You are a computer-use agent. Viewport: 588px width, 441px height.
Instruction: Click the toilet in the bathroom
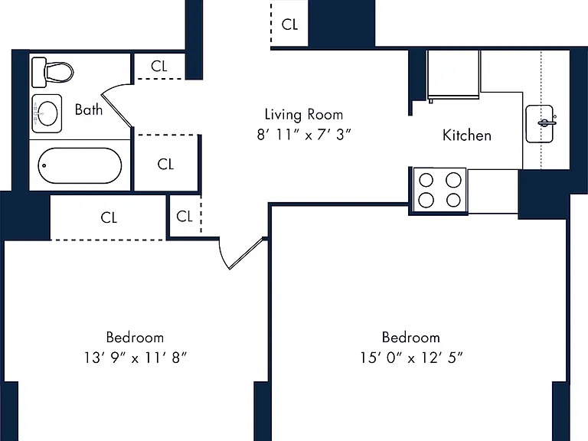[x=53, y=72]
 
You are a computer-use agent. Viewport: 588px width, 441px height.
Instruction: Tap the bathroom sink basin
[x=47, y=113]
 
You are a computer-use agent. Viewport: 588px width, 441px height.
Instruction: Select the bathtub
[x=80, y=165]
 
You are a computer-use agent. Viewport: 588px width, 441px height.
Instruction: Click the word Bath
[x=89, y=109]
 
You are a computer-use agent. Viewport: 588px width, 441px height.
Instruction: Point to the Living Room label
[x=304, y=115]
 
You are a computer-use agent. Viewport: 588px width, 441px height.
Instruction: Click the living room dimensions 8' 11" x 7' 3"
[x=304, y=135]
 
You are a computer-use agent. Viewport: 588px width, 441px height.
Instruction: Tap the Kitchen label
[x=467, y=136]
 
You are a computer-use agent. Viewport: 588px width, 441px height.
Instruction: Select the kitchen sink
[x=540, y=124]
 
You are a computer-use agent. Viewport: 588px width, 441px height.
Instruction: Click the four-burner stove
[x=439, y=190]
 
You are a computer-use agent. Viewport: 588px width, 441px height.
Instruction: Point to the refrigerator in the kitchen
[x=453, y=75]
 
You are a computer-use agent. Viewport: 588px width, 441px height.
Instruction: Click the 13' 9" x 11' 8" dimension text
[x=135, y=358]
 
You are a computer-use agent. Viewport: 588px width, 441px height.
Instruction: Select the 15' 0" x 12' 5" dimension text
[x=411, y=358]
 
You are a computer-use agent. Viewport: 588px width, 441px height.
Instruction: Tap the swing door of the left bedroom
[x=246, y=253]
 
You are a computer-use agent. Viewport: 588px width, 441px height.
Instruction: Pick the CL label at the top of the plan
[x=289, y=24]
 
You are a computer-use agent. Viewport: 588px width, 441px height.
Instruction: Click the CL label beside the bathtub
[x=165, y=165]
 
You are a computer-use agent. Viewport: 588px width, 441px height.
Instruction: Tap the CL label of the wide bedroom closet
[x=109, y=218]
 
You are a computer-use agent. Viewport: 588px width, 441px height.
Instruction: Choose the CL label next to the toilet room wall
[x=159, y=67]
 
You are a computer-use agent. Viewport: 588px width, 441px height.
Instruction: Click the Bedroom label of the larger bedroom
[x=411, y=338]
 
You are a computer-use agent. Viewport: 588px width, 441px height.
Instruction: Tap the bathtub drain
[x=44, y=165]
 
